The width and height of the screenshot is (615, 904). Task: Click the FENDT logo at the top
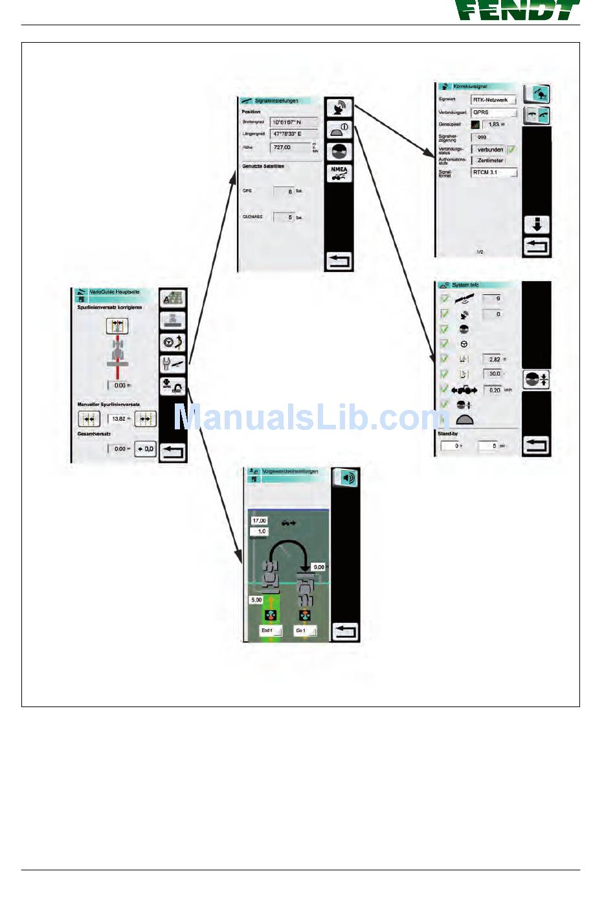(516, 10)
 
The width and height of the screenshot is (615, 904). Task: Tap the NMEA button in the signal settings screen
(339, 173)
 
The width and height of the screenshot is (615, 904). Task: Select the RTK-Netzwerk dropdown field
(494, 100)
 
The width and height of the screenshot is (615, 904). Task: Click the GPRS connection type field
(494, 112)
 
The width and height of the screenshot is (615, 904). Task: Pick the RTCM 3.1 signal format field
(494, 172)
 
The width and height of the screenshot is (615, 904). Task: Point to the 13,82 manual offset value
(119, 419)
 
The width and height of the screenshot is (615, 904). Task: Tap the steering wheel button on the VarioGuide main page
(173, 342)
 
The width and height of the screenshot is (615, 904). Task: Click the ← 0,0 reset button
(146, 449)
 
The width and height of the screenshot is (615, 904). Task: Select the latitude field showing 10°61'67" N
(293, 122)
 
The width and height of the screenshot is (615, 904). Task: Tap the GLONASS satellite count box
(284, 217)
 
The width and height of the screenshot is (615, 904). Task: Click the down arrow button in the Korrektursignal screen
(536, 225)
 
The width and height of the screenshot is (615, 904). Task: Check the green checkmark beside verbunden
(511, 150)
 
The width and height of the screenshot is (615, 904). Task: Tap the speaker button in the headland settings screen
(345, 478)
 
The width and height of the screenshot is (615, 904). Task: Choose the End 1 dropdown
(270, 630)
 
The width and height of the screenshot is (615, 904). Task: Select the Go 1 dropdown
(304, 630)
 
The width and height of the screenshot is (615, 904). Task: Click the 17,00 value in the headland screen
(259, 521)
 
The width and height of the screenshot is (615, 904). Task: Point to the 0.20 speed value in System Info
(494, 390)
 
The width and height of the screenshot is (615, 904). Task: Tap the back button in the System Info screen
(536, 445)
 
